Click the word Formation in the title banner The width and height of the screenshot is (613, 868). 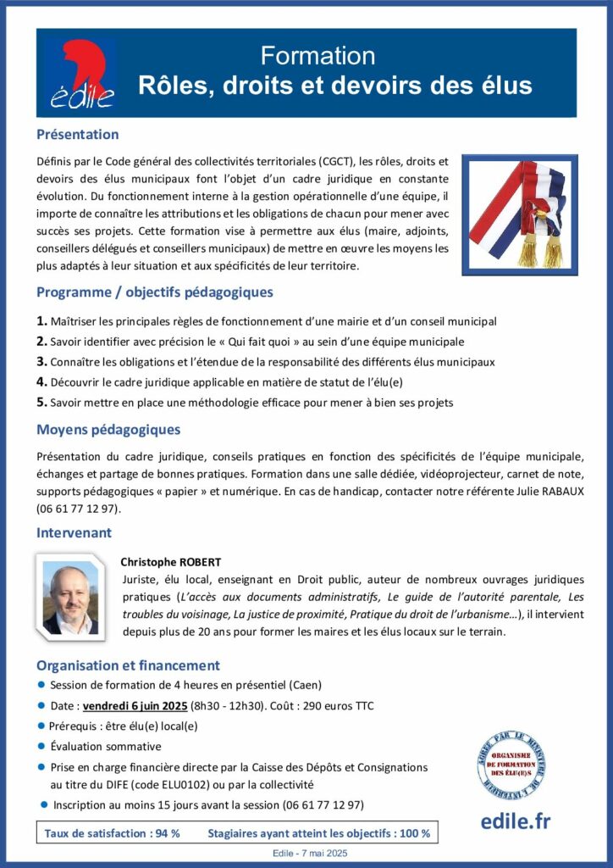pyautogui.click(x=318, y=56)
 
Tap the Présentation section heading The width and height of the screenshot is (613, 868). pyautogui.click(x=77, y=135)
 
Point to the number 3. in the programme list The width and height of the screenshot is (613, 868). pyautogui.click(x=41, y=362)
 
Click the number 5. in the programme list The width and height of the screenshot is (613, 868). pyautogui.click(x=41, y=403)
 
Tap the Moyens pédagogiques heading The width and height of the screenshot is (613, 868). pyautogui.click(x=108, y=430)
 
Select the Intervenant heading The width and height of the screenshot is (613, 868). pyautogui.click(x=74, y=533)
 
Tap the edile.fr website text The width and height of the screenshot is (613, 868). pyautogui.click(x=516, y=821)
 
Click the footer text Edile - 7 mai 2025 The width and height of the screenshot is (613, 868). pyautogui.click(x=306, y=853)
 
